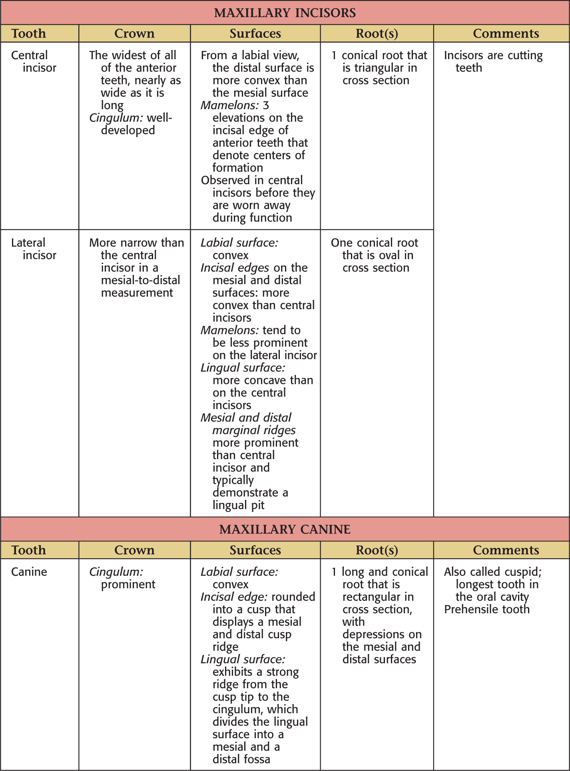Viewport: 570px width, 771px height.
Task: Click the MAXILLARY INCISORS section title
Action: [x=285, y=13]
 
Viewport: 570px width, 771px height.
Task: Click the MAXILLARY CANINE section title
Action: [x=285, y=529]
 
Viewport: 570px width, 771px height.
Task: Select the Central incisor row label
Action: [x=34, y=61]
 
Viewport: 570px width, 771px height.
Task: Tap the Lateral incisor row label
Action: [x=34, y=249]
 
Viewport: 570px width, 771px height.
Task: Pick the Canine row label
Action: [x=29, y=572]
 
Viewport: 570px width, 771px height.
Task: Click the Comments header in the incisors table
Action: [x=506, y=34]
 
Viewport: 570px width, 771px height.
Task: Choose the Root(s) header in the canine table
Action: [x=377, y=550]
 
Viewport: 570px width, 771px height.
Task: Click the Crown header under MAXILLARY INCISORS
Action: [x=134, y=34]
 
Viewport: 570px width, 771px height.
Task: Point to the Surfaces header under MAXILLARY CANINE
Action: [x=255, y=550]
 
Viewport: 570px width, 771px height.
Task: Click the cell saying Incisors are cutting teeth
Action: [x=493, y=61]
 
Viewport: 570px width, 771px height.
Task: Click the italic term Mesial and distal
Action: [x=246, y=418]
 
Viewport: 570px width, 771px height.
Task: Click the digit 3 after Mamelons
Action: [x=266, y=105]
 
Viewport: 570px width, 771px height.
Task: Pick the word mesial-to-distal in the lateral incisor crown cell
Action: [x=140, y=280]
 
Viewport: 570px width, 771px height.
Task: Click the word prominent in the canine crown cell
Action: [x=128, y=585]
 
